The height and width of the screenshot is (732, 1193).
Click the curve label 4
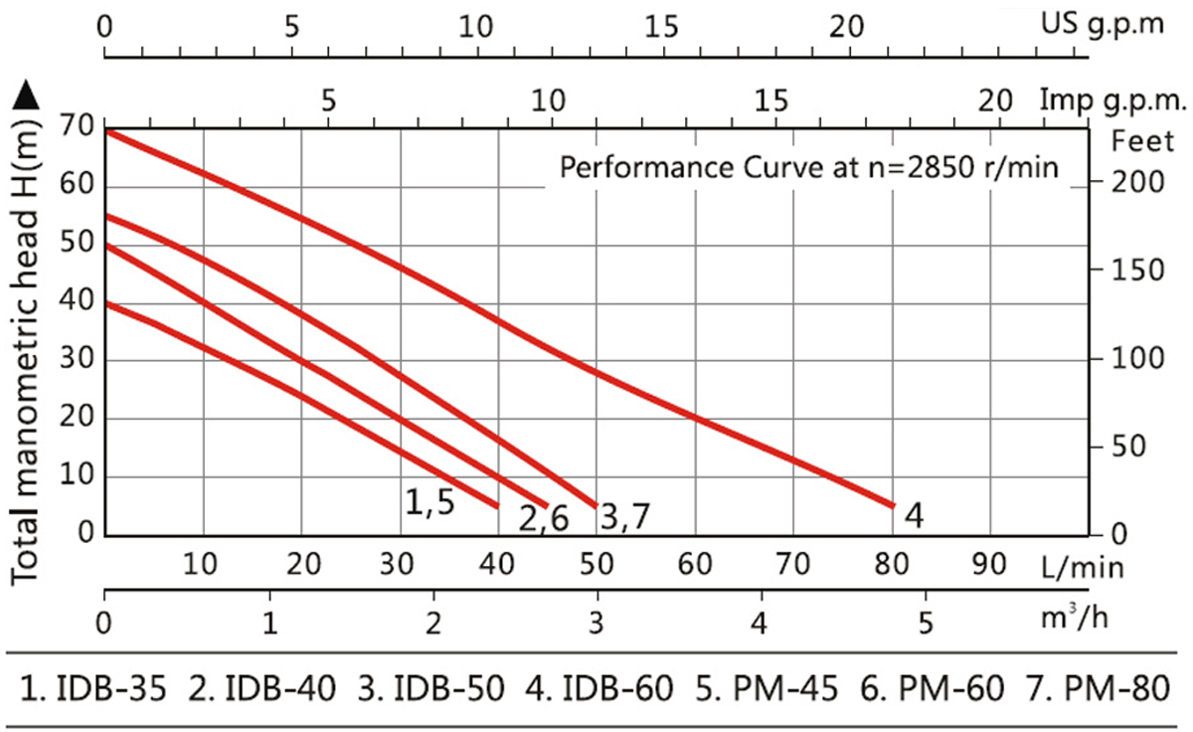pyautogui.click(x=917, y=516)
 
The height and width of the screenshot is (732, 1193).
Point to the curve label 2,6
pyautogui.click(x=543, y=519)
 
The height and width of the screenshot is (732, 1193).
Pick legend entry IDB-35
pyautogui.click(x=97, y=688)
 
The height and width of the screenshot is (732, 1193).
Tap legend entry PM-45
pyautogui.click(x=768, y=688)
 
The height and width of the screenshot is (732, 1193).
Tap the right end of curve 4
pyautogui.click(x=892, y=505)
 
